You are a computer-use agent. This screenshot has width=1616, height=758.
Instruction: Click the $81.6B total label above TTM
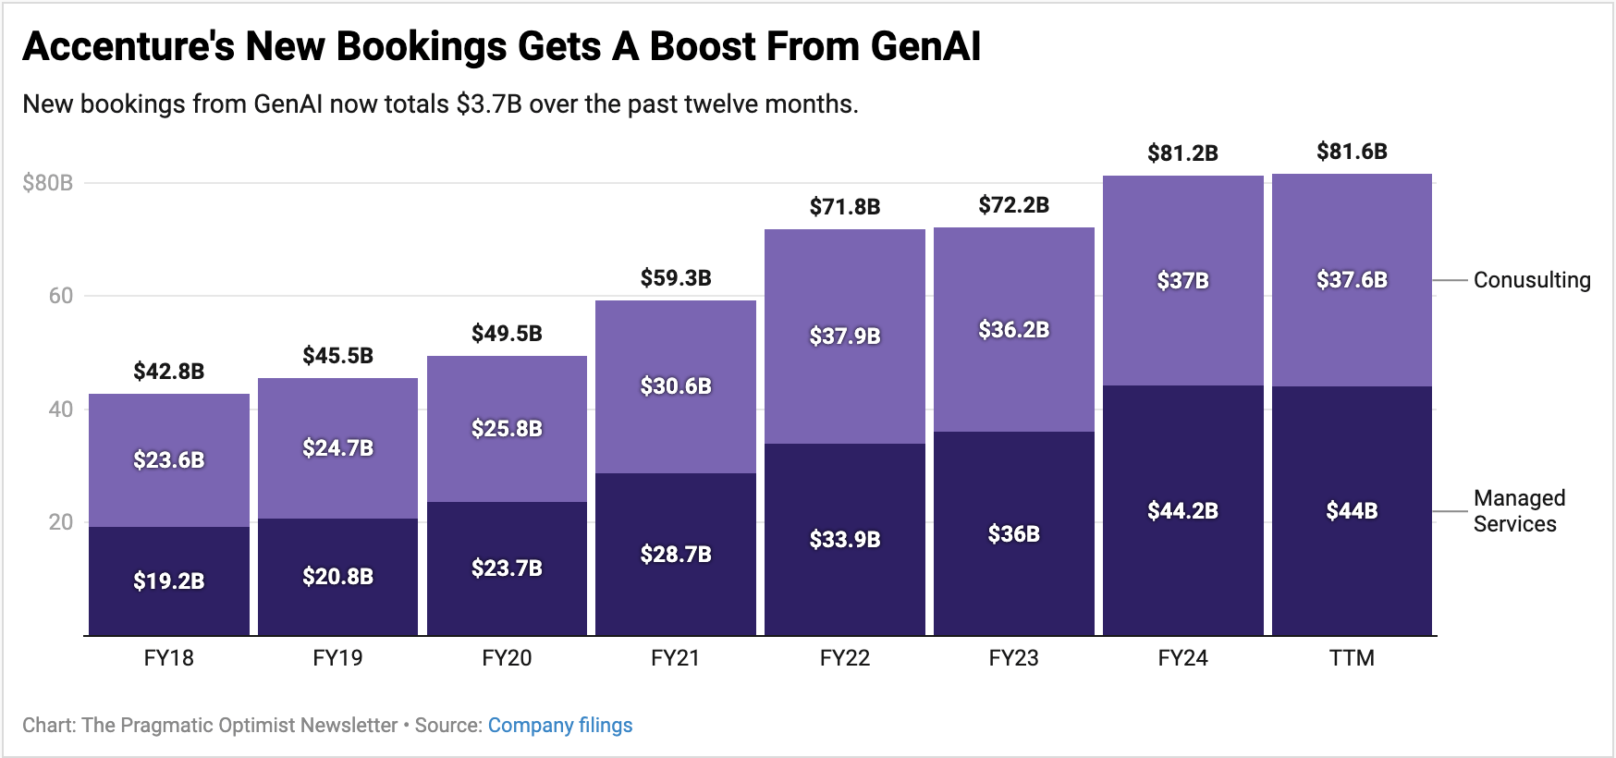point(1352,152)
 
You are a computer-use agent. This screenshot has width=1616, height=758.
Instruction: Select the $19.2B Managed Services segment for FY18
point(169,581)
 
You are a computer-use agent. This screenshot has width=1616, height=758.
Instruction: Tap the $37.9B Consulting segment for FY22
point(845,336)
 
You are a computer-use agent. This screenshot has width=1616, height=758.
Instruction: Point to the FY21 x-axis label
point(675,658)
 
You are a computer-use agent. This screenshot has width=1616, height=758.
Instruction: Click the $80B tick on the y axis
point(48,183)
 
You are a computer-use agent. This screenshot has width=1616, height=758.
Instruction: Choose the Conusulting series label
point(1531,280)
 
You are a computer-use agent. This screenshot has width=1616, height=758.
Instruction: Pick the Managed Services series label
point(1518,511)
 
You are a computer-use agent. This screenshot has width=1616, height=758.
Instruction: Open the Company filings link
point(560,726)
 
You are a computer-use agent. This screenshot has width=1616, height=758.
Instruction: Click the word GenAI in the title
point(925,46)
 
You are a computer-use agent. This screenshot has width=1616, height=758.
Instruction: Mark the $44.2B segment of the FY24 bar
point(1182,510)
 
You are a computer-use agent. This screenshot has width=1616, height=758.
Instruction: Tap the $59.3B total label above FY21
point(676,277)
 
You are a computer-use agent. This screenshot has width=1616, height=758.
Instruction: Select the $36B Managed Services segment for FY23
point(1013,533)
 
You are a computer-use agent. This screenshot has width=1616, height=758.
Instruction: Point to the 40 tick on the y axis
point(61,410)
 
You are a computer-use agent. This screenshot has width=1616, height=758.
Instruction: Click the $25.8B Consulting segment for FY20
point(507,428)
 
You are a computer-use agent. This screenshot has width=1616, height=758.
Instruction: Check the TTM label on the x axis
point(1352,658)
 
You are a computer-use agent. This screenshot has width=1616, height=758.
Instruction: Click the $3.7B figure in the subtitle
point(489,104)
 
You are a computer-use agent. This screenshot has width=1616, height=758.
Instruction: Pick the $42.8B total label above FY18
point(169,372)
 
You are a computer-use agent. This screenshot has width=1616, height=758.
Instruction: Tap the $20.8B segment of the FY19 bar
point(337,577)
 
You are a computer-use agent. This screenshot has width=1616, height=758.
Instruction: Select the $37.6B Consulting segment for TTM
point(1352,279)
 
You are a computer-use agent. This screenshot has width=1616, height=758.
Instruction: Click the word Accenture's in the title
point(129,46)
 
